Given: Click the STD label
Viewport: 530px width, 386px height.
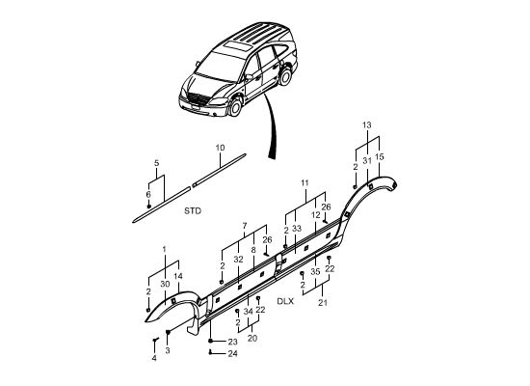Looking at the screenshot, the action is click(x=193, y=211).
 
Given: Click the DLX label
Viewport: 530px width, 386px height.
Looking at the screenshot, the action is click(x=285, y=301).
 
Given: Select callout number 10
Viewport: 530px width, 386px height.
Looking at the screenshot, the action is click(x=220, y=148).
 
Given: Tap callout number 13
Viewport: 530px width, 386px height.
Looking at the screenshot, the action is click(x=367, y=125).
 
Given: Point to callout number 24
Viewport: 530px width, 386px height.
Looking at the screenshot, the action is click(x=232, y=353).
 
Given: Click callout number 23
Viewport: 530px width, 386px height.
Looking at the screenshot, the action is click(x=232, y=342).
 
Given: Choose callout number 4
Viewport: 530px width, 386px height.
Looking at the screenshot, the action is click(x=154, y=358).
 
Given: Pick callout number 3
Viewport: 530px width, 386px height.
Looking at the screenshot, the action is click(x=168, y=351).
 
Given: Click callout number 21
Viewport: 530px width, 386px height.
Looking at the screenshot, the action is click(x=323, y=303).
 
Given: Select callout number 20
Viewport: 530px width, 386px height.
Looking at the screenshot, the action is click(x=252, y=339).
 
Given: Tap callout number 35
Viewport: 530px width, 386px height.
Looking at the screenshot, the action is click(x=315, y=271).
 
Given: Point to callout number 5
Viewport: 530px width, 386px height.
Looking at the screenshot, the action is click(x=156, y=163).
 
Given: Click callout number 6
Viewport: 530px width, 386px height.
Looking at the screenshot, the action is click(x=148, y=195).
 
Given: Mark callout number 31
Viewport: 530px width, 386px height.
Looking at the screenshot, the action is click(x=367, y=161).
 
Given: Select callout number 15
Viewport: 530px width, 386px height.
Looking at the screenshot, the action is click(x=380, y=156).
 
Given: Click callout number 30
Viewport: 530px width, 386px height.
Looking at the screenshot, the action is click(x=165, y=285).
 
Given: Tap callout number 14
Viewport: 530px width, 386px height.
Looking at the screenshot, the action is click(x=178, y=276).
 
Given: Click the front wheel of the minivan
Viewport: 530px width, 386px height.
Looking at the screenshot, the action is click(x=235, y=106).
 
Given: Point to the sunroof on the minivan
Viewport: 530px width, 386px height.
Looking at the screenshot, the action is click(x=239, y=46).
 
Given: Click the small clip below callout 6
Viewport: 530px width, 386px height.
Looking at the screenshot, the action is click(x=148, y=207).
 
